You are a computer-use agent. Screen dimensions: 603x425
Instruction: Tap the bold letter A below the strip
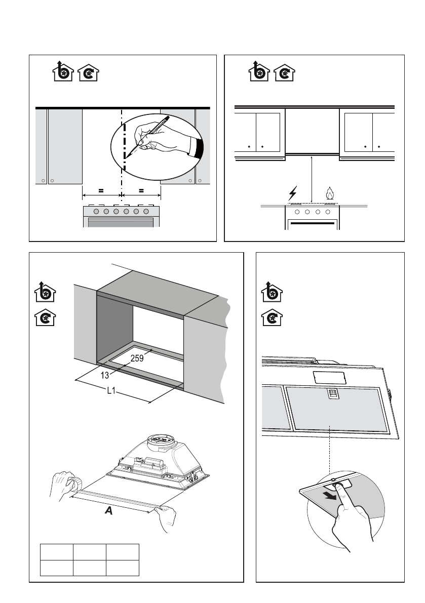click(108, 512)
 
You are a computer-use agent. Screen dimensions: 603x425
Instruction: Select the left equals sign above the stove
click(101, 191)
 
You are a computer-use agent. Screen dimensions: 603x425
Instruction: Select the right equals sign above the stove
click(141, 191)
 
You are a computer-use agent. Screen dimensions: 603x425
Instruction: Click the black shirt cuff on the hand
click(197, 149)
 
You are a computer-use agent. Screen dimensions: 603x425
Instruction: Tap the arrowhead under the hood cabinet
click(312, 159)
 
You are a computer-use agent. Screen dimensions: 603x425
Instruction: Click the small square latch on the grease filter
click(332, 392)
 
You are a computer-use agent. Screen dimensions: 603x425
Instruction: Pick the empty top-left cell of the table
click(56, 552)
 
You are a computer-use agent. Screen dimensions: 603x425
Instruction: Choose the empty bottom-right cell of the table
click(122, 568)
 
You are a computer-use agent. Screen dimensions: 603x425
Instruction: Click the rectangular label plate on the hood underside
click(329, 377)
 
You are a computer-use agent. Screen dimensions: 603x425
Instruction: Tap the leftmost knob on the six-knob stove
click(96, 211)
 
